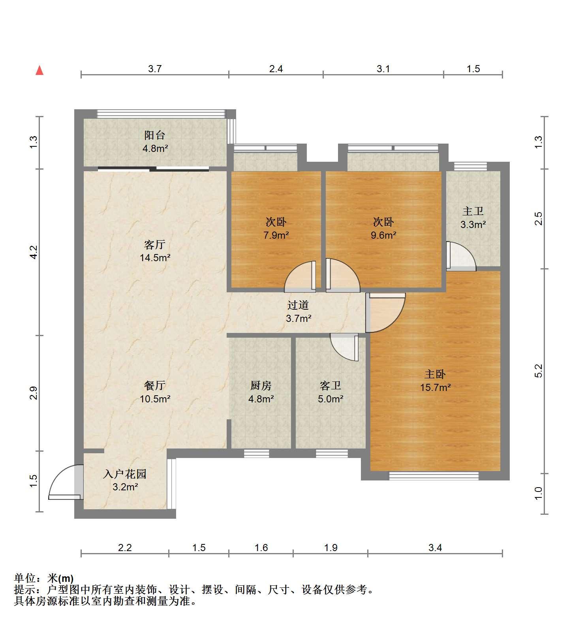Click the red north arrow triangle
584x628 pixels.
tap(39, 71)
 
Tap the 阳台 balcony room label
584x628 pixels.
tap(154, 135)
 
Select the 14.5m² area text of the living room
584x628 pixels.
tap(155, 258)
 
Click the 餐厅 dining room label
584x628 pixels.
tap(155, 385)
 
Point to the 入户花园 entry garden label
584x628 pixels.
tap(125, 474)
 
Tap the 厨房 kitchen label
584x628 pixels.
tap(261, 385)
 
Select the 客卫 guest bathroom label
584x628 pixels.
tap(330, 385)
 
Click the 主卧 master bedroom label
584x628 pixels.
tap(435, 374)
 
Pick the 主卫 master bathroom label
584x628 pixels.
tap(473, 211)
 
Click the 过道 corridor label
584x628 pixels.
tap(298, 305)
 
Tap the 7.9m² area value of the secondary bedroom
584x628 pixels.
tap(276, 235)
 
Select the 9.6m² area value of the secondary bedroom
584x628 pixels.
tap(383, 235)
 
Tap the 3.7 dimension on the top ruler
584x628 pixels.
tap(155, 69)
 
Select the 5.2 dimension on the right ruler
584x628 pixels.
tap(539, 371)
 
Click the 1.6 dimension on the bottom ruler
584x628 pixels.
tap(261, 548)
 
